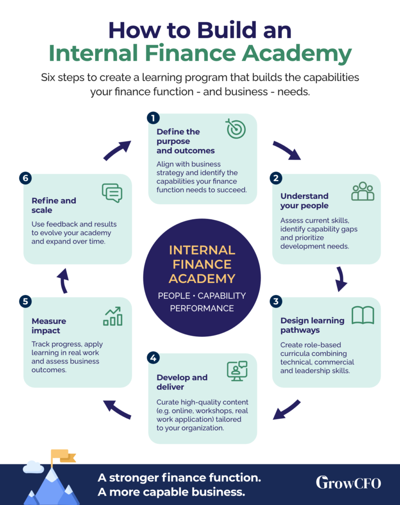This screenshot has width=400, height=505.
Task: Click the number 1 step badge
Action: (153, 118)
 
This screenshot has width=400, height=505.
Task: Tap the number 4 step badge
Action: (153, 358)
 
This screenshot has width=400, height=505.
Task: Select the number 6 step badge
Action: (26, 178)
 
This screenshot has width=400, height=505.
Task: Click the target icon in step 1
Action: (235, 129)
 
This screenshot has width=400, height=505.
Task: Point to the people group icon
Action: (363, 191)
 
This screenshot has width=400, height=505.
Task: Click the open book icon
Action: (363, 315)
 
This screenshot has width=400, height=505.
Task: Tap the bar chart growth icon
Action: (113, 316)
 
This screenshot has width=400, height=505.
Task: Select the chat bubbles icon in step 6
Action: (112, 193)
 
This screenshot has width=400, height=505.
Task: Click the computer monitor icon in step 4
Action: (237, 371)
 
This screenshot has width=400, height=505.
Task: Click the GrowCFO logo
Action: (348, 482)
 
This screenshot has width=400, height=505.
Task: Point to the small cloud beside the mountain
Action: (33, 467)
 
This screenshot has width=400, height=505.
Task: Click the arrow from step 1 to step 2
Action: (286, 150)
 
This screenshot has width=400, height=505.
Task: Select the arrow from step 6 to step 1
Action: (116, 150)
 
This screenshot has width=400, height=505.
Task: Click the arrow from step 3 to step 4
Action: (286, 409)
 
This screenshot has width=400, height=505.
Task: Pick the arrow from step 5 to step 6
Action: (64, 281)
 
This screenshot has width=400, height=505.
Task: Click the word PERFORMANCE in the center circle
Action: (202, 308)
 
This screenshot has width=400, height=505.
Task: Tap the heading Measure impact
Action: (49, 325)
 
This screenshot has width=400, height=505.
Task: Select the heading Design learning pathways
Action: (312, 325)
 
